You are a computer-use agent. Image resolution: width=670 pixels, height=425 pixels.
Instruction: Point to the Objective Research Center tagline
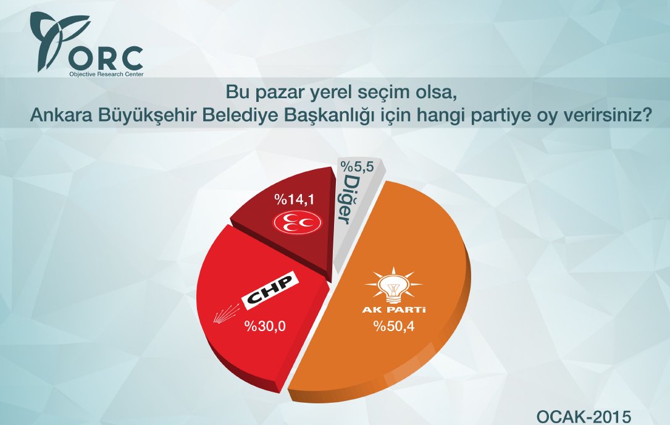105,74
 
